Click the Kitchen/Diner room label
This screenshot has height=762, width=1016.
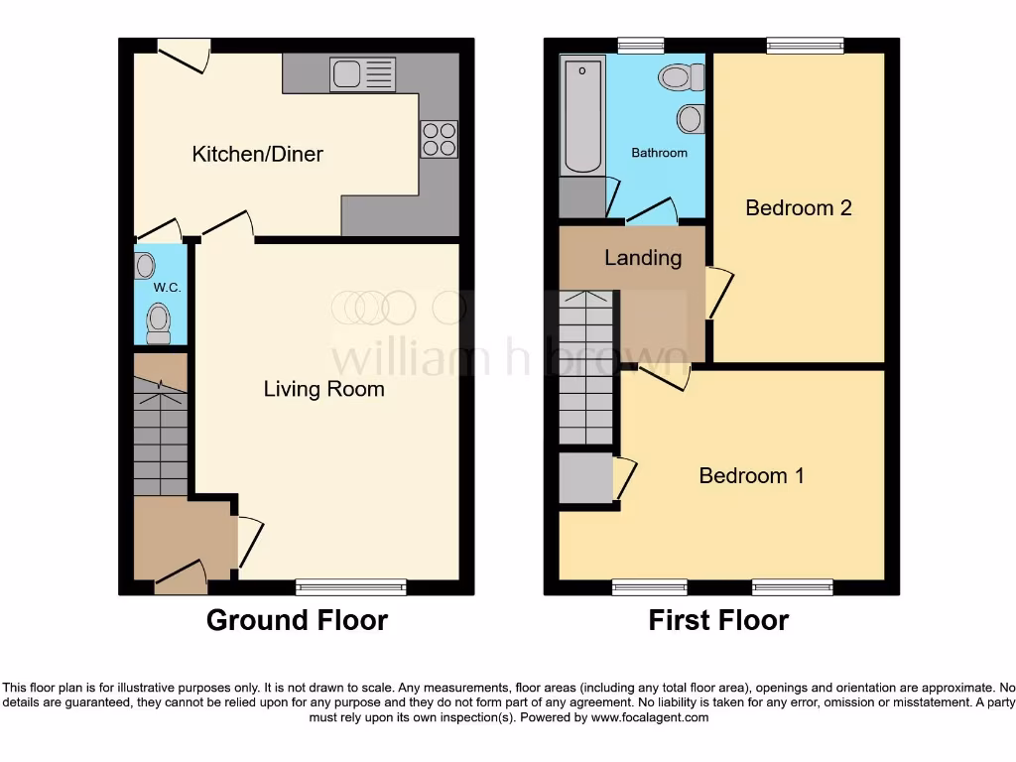257,154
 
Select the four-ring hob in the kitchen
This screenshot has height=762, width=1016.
440,138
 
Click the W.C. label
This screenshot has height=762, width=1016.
164,288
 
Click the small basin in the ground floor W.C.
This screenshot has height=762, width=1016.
146,265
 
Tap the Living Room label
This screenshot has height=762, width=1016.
323,389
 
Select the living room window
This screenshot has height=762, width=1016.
351,586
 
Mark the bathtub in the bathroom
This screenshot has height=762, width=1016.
581,116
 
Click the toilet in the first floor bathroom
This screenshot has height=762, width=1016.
682,76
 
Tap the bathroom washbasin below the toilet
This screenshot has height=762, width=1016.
692,119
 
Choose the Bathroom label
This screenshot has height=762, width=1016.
659,153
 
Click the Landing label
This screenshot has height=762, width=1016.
643,258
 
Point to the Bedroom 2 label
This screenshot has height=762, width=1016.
799,207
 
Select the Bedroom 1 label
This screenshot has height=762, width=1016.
751,475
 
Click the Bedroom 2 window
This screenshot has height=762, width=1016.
805,45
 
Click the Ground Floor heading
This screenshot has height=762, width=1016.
297,621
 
